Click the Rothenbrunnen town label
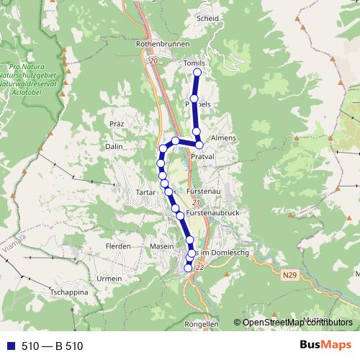[x=161, y=44]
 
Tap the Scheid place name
[x=207, y=19]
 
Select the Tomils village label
[x=194, y=63]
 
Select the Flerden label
[x=118, y=246]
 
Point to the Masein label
[x=162, y=246]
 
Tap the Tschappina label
[x=68, y=294]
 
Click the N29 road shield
[x=289, y=274]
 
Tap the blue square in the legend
[x=10, y=346]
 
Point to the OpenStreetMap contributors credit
[x=297, y=323]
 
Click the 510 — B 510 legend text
[x=53, y=346]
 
